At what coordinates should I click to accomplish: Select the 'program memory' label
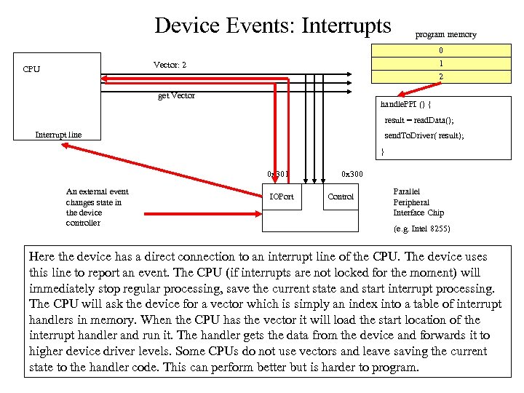pos(445,34)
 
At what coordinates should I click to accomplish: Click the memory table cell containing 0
pos(440,51)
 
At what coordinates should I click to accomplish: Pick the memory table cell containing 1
pos(440,63)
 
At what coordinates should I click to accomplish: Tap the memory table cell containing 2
pos(440,76)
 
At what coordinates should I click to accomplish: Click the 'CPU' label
pos(31,69)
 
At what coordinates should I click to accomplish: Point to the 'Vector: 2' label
pos(170,65)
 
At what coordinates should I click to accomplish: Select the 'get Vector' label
pos(176,96)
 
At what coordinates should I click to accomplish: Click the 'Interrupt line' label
pos(58,134)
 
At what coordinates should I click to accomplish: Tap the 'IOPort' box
pos(282,196)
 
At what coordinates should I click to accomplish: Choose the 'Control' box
pos(341,196)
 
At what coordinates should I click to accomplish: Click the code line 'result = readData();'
pos(418,120)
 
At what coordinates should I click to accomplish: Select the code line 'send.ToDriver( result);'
pos(424,136)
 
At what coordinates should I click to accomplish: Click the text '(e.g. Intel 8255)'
pos(421,229)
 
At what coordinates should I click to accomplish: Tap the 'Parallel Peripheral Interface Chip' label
pos(418,202)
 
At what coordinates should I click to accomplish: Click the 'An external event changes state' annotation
pos(97,207)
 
